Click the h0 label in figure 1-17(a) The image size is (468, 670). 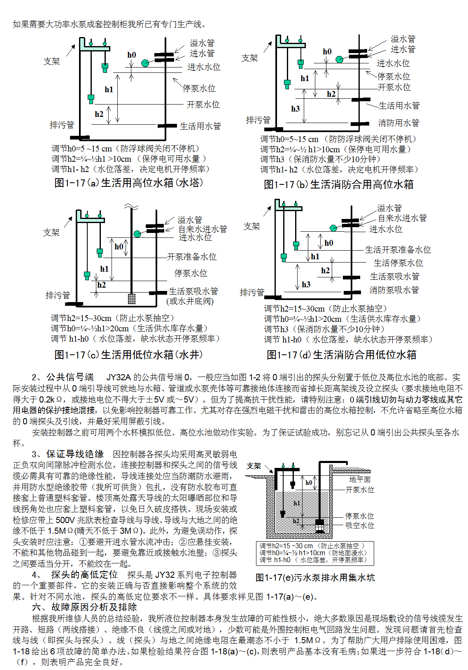tap(132, 55)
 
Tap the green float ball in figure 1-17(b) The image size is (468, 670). tap(339, 60)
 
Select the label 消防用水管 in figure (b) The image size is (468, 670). tap(398, 123)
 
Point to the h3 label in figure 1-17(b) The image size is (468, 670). tap(296, 109)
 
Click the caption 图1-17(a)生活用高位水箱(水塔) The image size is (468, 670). tap(129, 182)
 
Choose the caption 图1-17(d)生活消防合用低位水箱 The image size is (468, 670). tap(341, 355)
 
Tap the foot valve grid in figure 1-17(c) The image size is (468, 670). tap(132, 298)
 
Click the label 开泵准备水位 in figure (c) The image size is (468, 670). tap(192, 257)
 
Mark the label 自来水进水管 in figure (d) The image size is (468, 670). tap(402, 218)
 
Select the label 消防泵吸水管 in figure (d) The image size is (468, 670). tap(394, 290)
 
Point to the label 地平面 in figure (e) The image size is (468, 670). tap(360, 479)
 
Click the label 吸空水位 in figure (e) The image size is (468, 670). tap(360, 525)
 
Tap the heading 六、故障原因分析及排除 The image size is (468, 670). tap(84, 607)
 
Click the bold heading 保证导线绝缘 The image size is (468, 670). tap(75, 454)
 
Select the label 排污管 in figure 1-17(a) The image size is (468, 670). tap(62, 125)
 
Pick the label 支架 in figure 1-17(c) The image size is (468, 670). tap(51, 233)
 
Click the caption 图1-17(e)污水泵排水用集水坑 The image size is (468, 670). tap(315, 577)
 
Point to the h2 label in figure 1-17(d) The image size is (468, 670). tap(325, 271)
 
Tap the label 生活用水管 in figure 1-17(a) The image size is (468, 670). tap(200, 126)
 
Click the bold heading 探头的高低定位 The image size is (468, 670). tap(84, 575)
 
